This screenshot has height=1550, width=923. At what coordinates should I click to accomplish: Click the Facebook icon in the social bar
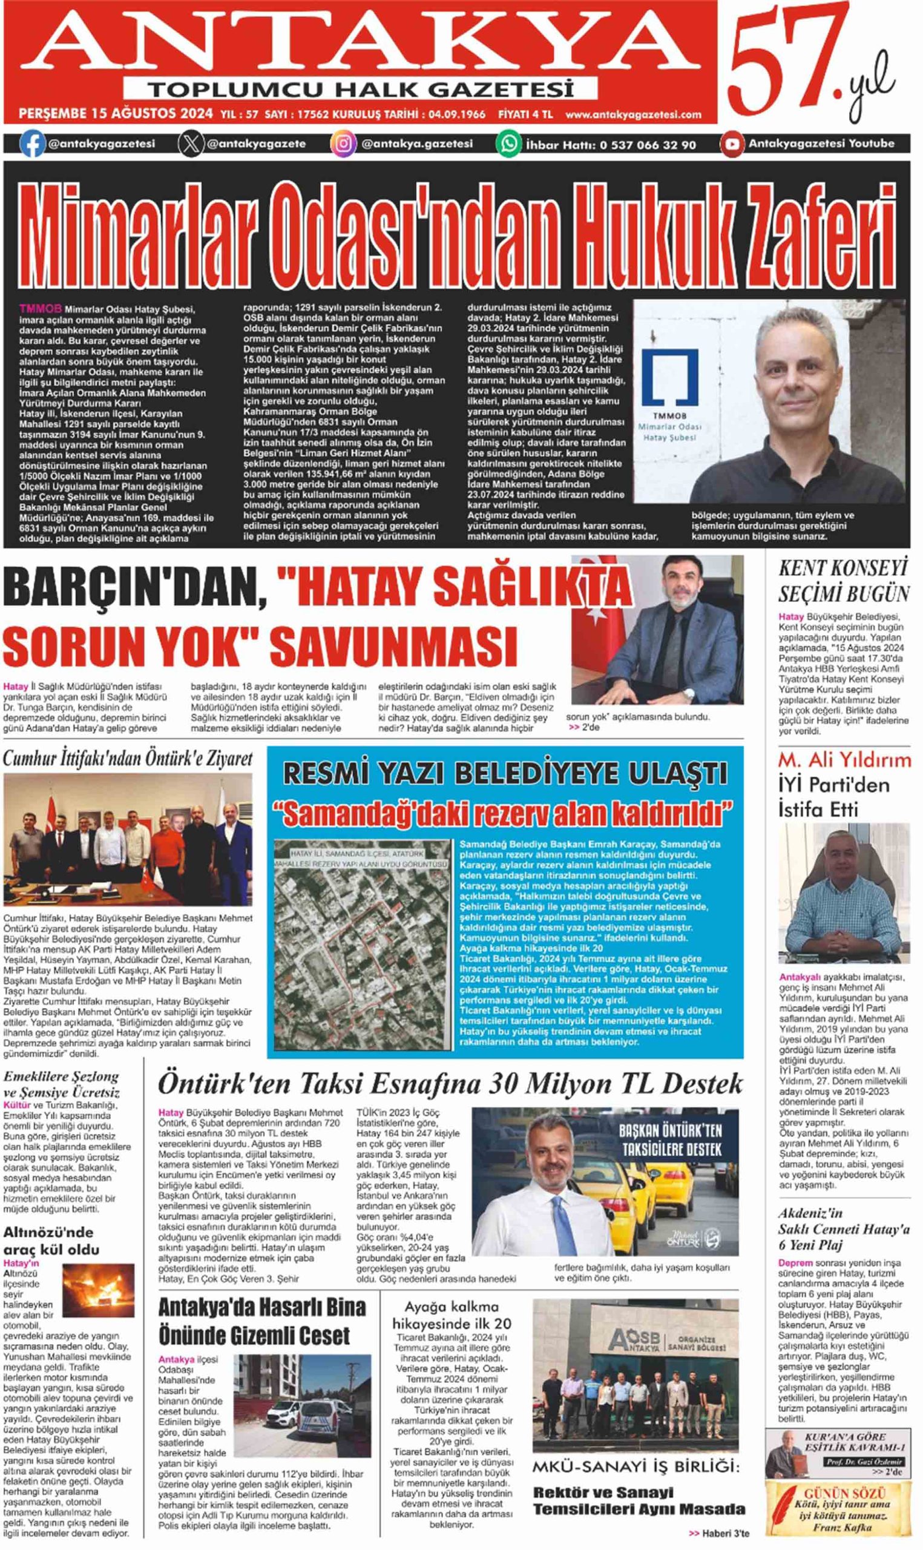[32, 144]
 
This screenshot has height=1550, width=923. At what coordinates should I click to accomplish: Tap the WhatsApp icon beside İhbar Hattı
[508, 144]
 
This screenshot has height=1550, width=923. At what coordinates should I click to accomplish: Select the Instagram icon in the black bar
[343, 144]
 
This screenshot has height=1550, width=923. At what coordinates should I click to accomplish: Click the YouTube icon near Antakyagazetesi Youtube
[732, 144]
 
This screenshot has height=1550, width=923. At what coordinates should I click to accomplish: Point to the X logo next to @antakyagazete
[191, 144]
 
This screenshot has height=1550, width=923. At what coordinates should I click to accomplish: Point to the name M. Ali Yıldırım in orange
[844, 759]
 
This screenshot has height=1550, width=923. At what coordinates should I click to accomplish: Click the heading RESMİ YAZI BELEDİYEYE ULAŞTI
[504, 774]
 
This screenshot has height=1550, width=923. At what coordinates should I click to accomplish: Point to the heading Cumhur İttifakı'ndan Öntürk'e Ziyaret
[128, 759]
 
